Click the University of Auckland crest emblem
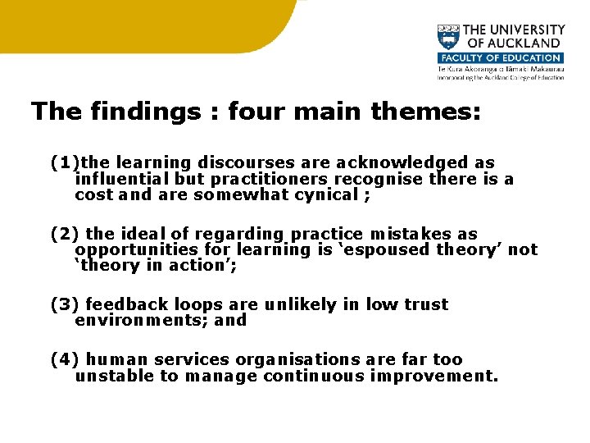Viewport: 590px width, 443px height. tap(448, 37)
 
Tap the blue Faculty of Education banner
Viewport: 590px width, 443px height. tap(500, 58)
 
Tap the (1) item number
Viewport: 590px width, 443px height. tap(65, 163)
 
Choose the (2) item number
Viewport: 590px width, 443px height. tap(65, 235)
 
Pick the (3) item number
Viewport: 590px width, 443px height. tap(65, 304)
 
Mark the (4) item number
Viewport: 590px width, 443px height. tap(65, 359)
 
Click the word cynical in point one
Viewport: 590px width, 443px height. tap(328, 195)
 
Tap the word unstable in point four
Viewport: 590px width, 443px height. tap(111, 376)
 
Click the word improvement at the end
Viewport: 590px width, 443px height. tap(433, 376)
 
